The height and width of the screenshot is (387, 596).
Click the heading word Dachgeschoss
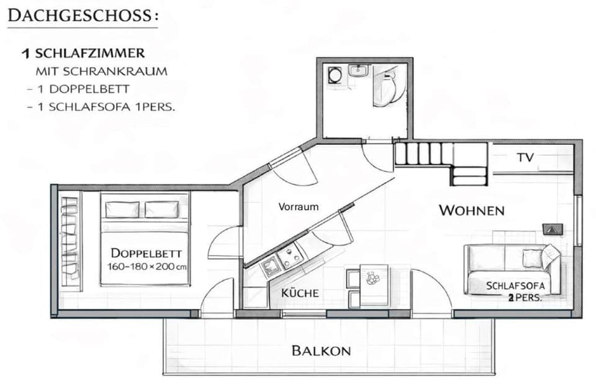82,15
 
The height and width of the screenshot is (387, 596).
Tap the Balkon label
320,351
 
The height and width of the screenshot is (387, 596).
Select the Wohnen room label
471,211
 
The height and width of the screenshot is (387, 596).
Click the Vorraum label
298,207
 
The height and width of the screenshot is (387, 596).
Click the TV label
525,158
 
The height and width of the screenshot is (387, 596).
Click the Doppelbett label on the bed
147,253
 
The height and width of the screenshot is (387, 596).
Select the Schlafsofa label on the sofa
515,286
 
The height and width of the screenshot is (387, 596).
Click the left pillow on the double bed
122,209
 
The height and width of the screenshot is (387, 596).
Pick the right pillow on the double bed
161,209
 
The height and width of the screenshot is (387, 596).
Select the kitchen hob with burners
290,255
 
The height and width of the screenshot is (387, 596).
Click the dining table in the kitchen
374,284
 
